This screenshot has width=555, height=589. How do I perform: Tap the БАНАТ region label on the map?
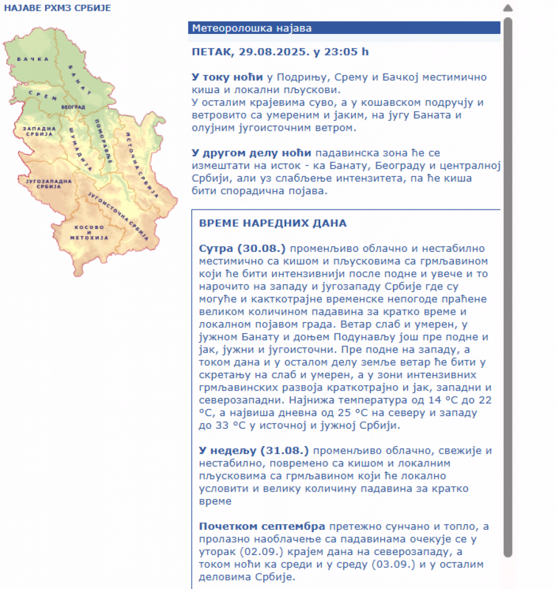pos(81,79)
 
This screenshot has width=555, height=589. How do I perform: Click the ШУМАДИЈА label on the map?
pos(80,148)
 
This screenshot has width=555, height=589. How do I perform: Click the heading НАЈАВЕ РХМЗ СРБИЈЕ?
pos(58,8)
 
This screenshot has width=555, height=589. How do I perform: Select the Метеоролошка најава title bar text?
pos(252,28)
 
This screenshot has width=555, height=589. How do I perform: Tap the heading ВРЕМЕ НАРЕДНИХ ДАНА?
pos(273,223)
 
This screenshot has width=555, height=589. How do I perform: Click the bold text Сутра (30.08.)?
pos(242,249)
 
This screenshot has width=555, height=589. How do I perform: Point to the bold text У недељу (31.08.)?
pos(253,450)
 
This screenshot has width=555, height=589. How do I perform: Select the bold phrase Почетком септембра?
pos(261,527)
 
